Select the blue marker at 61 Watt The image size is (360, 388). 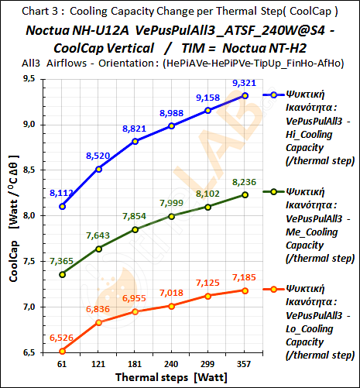click(62, 206)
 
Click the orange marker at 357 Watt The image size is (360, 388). click(245, 290)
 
